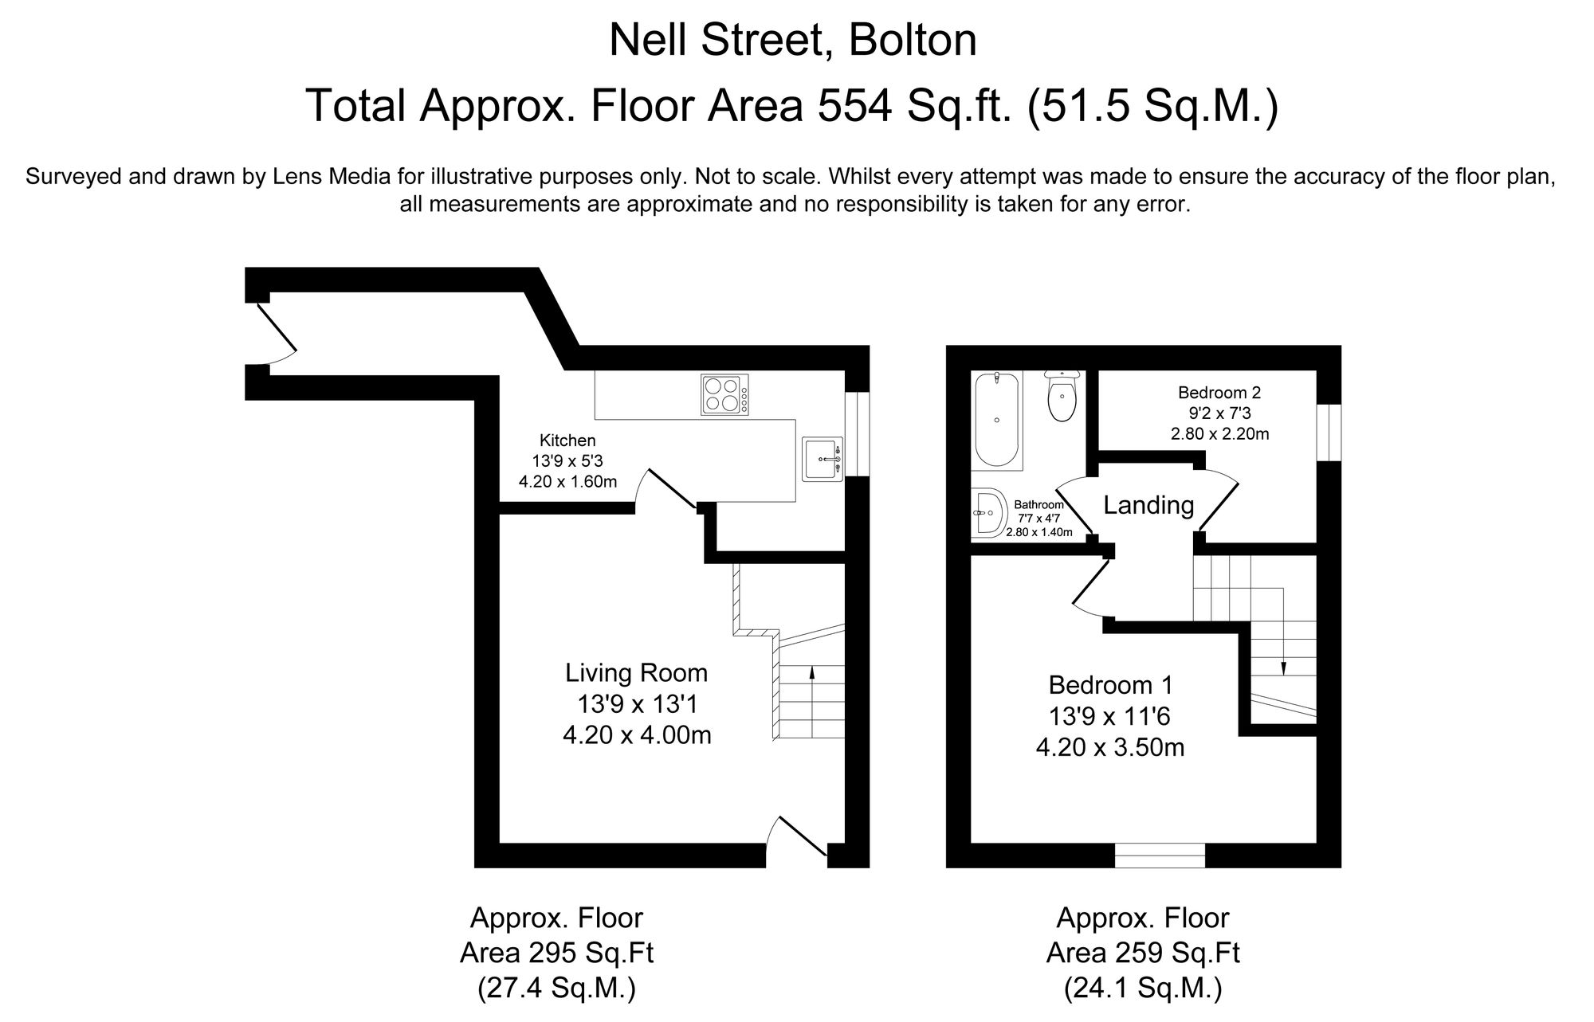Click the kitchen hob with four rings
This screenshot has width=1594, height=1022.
[725, 394]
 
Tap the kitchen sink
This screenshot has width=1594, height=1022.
[823, 459]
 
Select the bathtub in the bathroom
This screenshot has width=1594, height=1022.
[997, 420]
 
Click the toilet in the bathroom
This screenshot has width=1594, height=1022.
[1062, 396]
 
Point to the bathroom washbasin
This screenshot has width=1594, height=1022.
[987, 514]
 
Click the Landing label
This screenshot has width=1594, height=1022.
[1148, 505]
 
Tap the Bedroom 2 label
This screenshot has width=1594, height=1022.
[1219, 393]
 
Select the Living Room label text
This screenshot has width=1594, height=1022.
[636, 673]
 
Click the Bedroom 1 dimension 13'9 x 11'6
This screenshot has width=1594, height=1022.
[1109, 717]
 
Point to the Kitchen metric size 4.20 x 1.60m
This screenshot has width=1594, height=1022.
[567, 481]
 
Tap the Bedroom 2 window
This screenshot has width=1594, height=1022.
[1329, 432]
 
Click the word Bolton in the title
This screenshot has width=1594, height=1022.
[913, 41]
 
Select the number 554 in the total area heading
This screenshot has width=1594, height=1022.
[852, 106]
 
